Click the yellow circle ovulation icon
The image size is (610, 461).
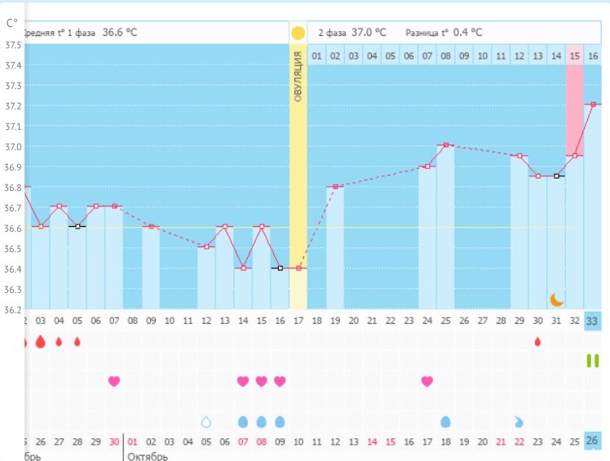(x=298, y=33)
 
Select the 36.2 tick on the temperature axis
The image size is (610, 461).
(x=13, y=310)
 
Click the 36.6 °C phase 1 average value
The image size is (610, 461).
(x=120, y=33)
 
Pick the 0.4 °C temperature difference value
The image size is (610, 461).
(x=467, y=33)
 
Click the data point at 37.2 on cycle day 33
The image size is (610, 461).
(x=593, y=104)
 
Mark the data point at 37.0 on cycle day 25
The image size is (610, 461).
(x=445, y=145)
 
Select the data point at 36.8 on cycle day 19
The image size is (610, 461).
(x=334, y=186)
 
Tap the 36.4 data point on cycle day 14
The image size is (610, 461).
(x=243, y=268)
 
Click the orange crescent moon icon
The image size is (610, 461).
(x=556, y=299)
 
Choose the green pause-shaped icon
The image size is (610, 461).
(x=593, y=361)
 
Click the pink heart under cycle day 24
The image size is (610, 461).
(x=427, y=381)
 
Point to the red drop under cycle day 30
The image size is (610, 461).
(x=537, y=341)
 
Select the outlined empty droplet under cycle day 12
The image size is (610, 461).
(x=206, y=422)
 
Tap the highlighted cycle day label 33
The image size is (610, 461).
(x=593, y=321)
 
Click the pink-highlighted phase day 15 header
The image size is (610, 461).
(x=574, y=55)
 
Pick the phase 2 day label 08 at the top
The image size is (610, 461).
(x=445, y=55)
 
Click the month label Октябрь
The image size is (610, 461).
(x=148, y=455)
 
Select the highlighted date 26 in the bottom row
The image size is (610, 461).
(x=593, y=441)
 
